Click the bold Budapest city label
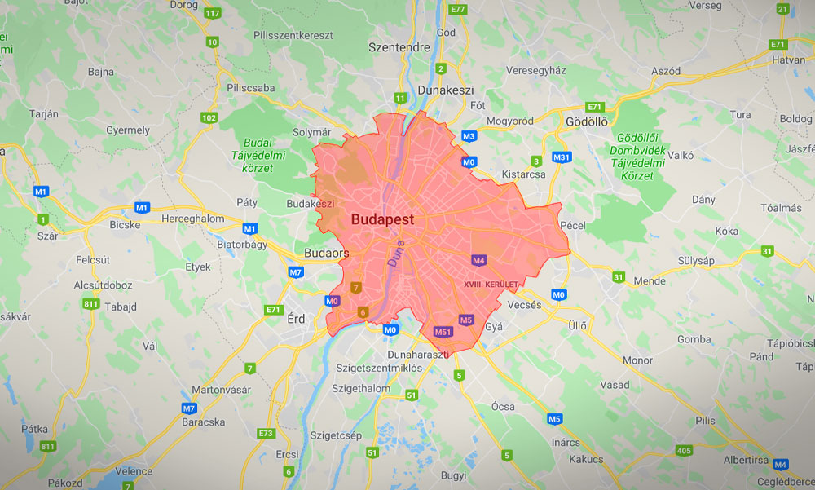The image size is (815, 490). pyautogui.click(x=382, y=219)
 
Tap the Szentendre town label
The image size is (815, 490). pyautogui.click(x=399, y=47)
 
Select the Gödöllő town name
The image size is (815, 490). pyautogui.click(x=586, y=121)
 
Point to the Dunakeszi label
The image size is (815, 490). pyautogui.click(x=445, y=90)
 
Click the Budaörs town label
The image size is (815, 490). pyautogui.click(x=327, y=253)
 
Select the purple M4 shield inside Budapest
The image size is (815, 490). pyautogui.click(x=479, y=260)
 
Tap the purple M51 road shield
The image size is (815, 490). pyautogui.click(x=443, y=332)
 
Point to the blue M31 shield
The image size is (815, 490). pyautogui.click(x=562, y=157)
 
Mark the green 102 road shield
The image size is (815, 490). pyautogui.click(x=209, y=118)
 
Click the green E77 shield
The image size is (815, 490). pyautogui.click(x=457, y=9)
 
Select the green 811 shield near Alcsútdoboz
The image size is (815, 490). pyautogui.click(x=91, y=304)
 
